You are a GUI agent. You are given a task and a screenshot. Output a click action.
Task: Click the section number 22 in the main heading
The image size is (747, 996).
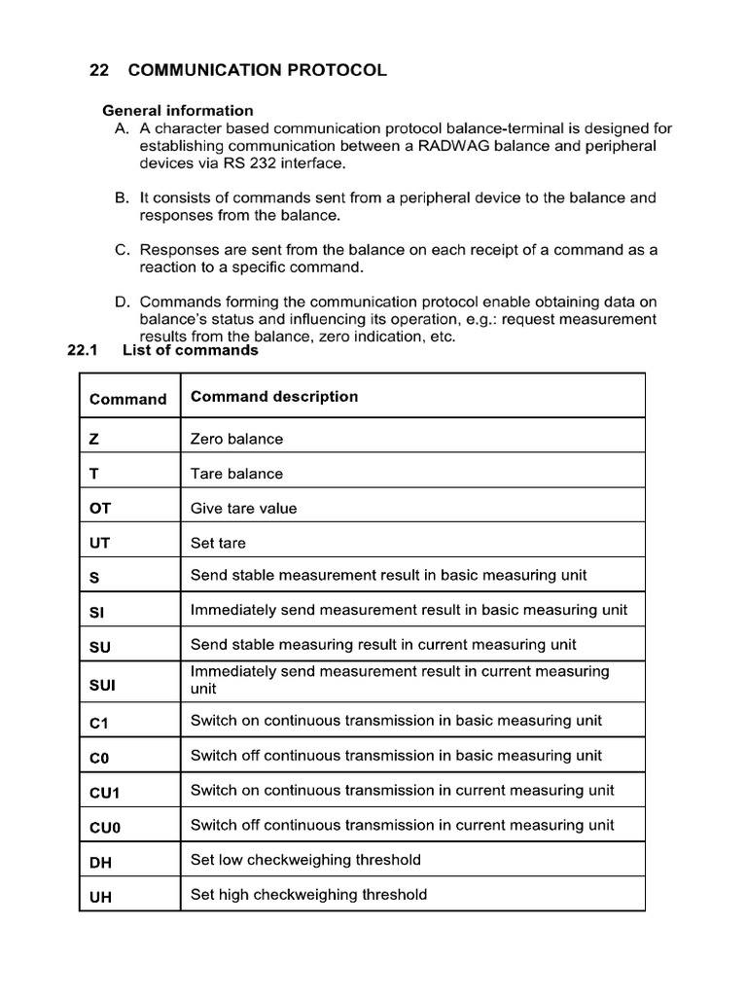tap(97, 71)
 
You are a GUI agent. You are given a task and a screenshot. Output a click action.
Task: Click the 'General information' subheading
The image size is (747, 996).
tap(178, 111)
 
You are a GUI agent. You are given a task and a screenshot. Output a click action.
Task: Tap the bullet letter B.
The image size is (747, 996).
tap(122, 197)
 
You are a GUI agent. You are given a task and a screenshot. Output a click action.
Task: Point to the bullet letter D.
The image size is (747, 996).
tap(122, 302)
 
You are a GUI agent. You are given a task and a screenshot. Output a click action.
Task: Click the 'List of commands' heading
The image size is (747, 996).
tap(190, 351)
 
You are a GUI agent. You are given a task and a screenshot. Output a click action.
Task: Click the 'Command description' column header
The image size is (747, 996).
tap(274, 397)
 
